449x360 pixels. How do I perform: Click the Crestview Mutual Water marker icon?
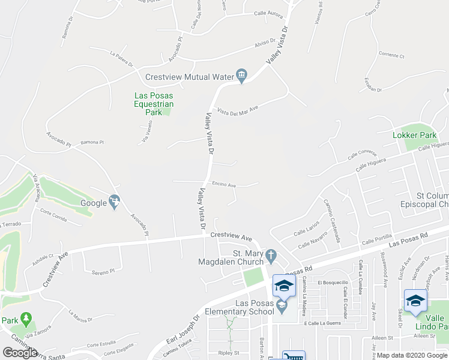(242, 76)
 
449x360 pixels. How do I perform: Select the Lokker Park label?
(422, 136)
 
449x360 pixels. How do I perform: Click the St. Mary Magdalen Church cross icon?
(271, 256)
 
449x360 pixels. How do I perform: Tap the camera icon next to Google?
(114, 202)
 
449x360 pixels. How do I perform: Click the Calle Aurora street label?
(268, 13)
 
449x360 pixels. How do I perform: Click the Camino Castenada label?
(333, 221)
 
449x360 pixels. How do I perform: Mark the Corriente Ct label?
(391, 55)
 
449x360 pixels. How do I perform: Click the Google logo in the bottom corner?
(19, 353)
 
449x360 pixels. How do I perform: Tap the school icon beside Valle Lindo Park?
(415, 301)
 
